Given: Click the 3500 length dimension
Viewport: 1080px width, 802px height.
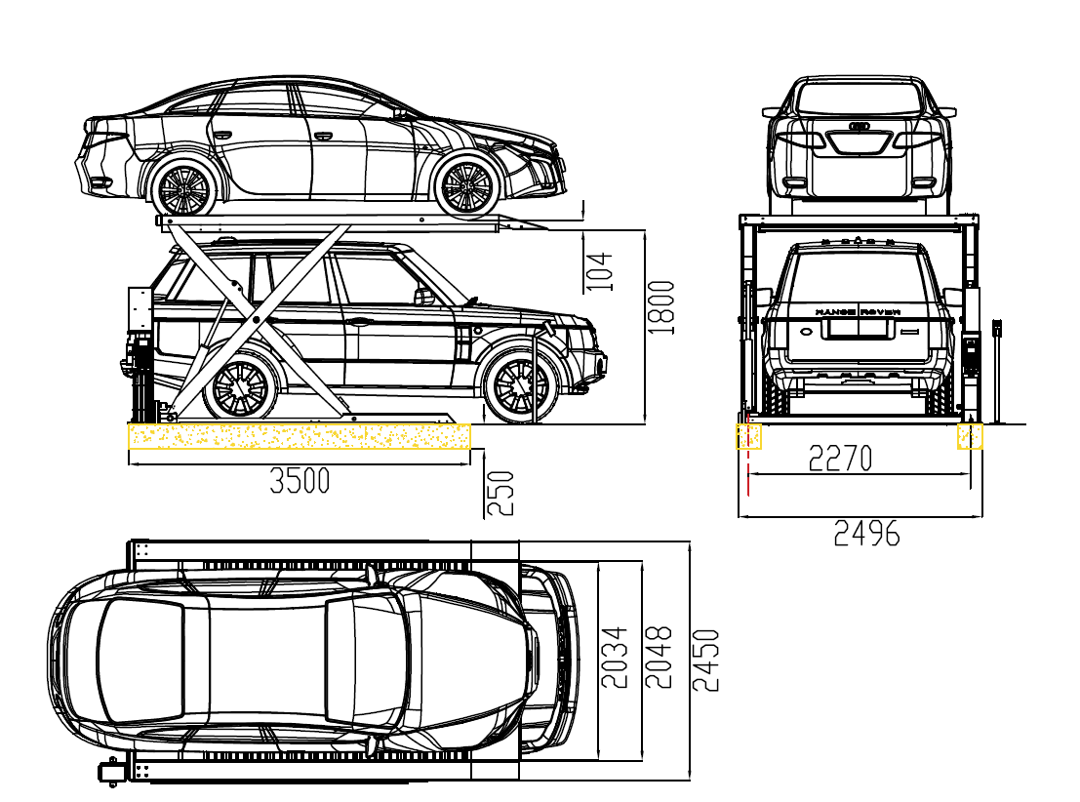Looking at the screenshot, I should [x=300, y=480].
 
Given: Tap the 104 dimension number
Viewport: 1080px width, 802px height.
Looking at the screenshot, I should [x=601, y=271].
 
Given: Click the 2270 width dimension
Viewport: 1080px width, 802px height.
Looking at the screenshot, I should [x=840, y=458].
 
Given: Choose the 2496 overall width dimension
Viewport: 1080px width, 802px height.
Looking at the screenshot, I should [x=866, y=534].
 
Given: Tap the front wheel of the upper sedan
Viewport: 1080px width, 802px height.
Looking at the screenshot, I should [x=466, y=186].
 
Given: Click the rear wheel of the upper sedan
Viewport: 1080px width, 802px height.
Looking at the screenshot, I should [x=184, y=187].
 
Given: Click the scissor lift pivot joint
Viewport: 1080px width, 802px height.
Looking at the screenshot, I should [x=256, y=319].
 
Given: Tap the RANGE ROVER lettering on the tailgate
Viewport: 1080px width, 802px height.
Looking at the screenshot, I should [x=858, y=312].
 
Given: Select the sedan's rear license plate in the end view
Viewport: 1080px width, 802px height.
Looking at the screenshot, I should [x=860, y=142].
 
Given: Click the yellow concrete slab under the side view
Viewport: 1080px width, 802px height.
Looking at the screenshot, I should [x=299, y=436].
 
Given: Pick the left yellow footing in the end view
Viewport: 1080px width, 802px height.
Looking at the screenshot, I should [x=748, y=436].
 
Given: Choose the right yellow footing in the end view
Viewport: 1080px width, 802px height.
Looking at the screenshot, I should [x=970, y=436].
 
